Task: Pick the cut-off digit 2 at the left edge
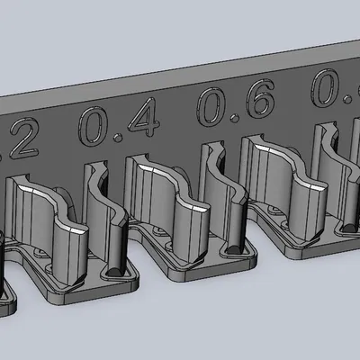point(24,142)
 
